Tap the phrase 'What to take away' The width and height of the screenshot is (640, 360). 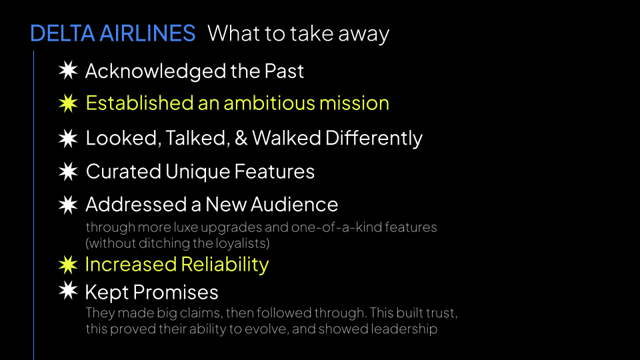point(298,33)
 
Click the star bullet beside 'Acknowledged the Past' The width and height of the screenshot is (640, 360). point(67,70)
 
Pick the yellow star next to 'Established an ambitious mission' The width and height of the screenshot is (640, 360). point(67,103)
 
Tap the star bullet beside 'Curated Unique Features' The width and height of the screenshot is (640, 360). point(67,171)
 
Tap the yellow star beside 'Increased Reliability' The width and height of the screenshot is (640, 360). point(67,265)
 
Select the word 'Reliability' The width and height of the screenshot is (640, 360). point(222,265)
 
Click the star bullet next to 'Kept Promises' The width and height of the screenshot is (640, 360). point(67,291)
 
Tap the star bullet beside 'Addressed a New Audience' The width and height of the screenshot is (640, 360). point(67,204)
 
